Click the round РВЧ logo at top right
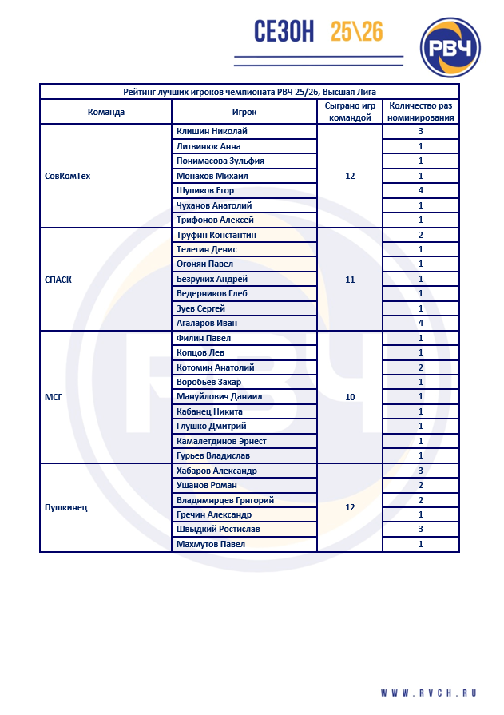[450, 48]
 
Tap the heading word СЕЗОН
[283, 32]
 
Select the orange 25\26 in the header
[356, 32]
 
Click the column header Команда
[105, 112]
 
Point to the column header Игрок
[244, 112]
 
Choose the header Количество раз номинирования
[420, 112]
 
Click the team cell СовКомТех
[68, 176]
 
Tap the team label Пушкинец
[66, 507]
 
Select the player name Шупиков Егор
[206, 191]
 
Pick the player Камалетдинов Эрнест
[221, 441]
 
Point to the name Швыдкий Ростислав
[217, 529]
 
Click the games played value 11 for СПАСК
[350, 280]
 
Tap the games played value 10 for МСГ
[350, 397]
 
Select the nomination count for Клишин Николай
[420, 132]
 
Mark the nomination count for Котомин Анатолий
[420, 367]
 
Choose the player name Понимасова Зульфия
[220, 161]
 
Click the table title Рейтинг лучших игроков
[249, 92]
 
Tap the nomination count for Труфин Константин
[420, 235]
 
